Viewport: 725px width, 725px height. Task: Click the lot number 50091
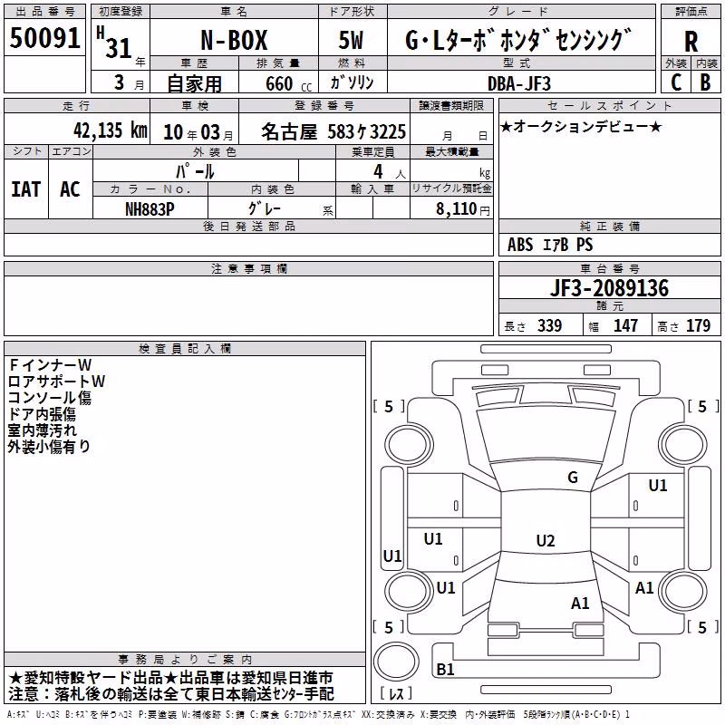tap(44, 38)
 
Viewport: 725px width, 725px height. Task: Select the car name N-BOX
tap(234, 40)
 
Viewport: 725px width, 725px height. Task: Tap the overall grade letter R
tap(691, 42)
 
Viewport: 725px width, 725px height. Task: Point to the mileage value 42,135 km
tap(110, 130)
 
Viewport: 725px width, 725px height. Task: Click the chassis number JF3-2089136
tap(609, 287)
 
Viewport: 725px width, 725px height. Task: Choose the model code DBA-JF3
tap(519, 83)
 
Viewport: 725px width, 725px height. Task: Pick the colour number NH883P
tap(150, 209)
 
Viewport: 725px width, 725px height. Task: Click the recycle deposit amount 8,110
tap(457, 208)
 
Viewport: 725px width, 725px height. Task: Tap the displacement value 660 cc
tap(288, 83)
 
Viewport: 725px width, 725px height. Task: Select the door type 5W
tap(351, 40)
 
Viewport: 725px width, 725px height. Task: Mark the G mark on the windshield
tap(573, 477)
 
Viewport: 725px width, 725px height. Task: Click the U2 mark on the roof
tap(546, 540)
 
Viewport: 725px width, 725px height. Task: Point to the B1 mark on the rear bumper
tap(445, 669)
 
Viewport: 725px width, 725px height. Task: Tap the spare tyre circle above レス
tap(396, 662)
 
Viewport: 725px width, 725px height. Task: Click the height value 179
tap(698, 326)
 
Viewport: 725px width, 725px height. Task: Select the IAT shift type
tap(26, 189)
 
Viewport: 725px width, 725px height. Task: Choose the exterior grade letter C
tap(676, 82)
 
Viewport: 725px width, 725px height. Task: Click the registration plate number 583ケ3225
tap(367, 131)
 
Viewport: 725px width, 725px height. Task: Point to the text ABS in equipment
tap(520, 245)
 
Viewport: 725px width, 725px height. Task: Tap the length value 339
tap(550, 326)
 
